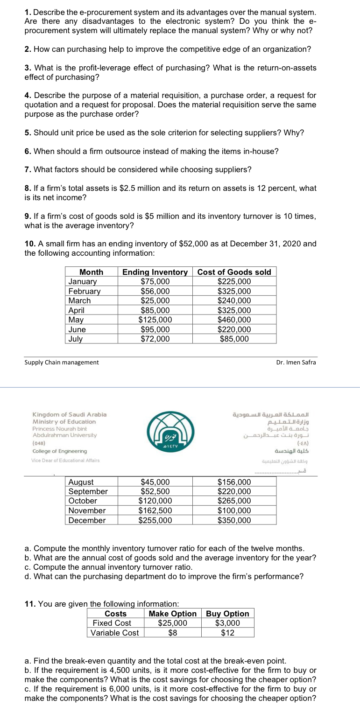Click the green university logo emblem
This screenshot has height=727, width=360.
click(179, 430)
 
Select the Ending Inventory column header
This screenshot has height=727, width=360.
click(155, 272)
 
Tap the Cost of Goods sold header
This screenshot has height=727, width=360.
click(234, 272)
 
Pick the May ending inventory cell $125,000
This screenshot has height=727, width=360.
click(155, 320)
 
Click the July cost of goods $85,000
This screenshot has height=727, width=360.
click(234, 339)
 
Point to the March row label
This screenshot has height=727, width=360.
click(80, 301)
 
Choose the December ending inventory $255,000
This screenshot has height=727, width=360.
click(155, 520)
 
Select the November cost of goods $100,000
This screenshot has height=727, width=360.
click(234, 510)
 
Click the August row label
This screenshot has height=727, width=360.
click(81, 482)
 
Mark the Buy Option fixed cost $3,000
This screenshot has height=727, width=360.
click(227, 623)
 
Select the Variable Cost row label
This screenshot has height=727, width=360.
click(115, 633)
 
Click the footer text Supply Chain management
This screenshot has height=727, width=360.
click(62, 363)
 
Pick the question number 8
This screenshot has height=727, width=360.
click(28, 189)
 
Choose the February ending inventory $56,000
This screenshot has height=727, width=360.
click(155, 291)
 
